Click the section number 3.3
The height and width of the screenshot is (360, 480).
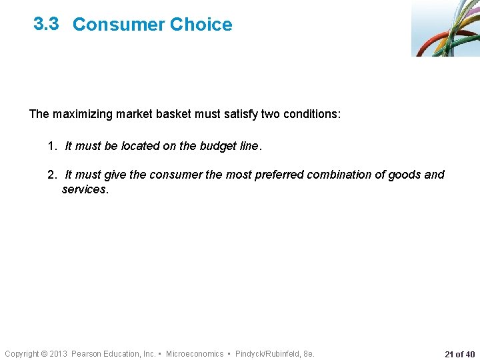(47, 24)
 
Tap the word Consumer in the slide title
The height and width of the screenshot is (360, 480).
(118, 25)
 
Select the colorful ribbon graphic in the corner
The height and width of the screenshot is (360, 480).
(445, 28)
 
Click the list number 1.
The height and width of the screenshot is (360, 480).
(52, 146)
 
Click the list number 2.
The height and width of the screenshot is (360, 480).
(52, 175)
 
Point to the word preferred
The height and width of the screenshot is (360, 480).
(273, 175)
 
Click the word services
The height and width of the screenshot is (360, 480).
(84, 189)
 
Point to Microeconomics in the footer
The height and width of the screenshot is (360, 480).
(195, 354)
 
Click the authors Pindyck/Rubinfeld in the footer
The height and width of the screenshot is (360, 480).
(267, 354)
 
